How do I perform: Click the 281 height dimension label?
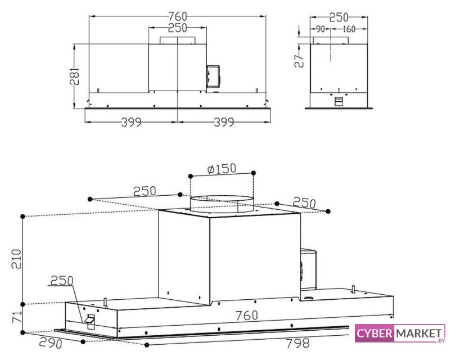[74, 76]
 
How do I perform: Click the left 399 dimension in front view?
[131, 122]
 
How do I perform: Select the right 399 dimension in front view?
[224, 122]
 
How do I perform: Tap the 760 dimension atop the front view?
[178, 16]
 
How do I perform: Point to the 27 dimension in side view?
[299, 61]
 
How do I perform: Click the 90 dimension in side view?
[320, 29]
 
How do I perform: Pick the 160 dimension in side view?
[349, 29]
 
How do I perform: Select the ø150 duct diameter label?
[222, 169]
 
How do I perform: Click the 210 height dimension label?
[16, 259]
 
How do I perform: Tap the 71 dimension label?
[17, 317]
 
